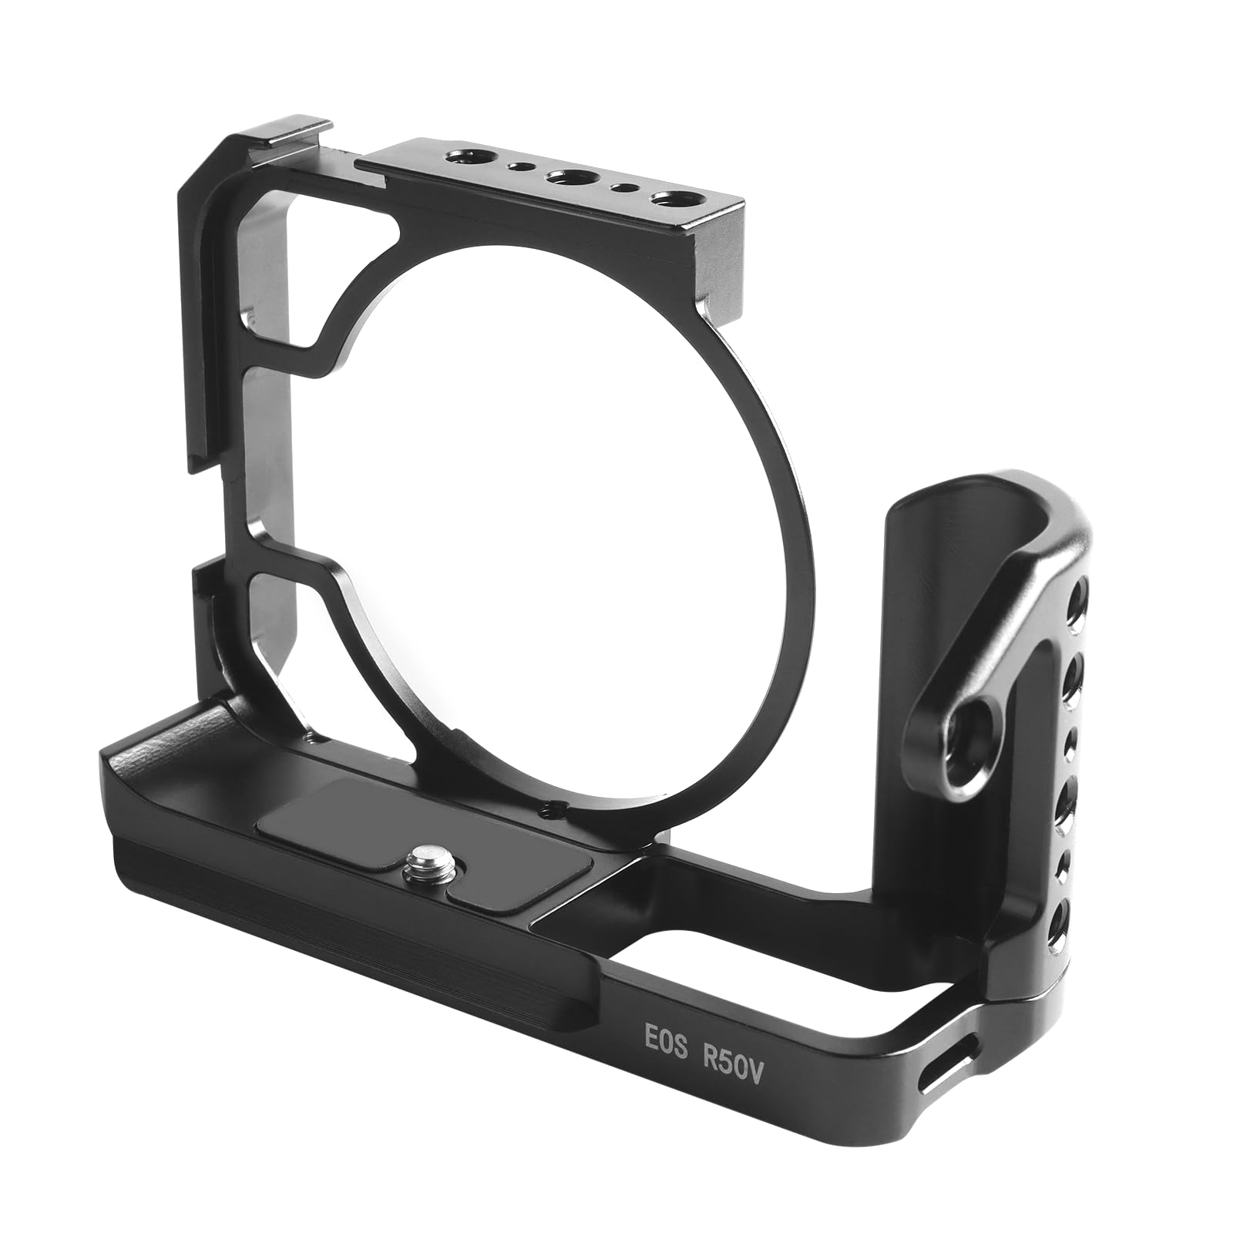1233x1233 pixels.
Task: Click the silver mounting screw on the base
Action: click(x=422, y=855)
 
